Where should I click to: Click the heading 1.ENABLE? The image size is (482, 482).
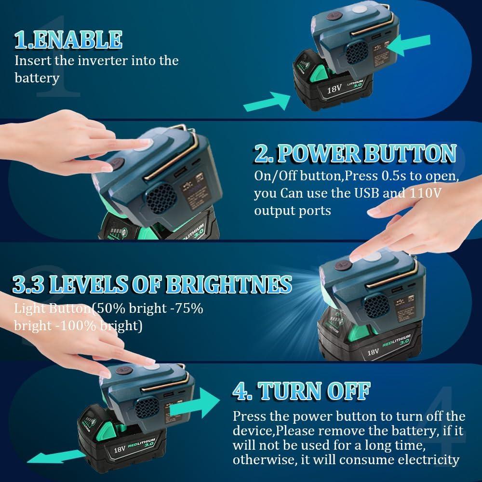pos(68,40)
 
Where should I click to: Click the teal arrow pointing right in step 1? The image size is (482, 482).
pos(267,100)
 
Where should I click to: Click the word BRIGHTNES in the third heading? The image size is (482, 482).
pos(228,284)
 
